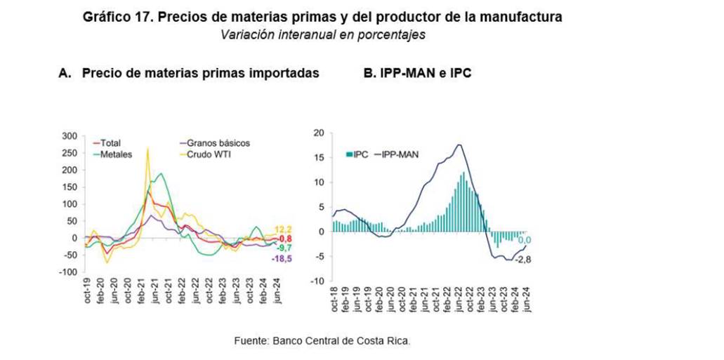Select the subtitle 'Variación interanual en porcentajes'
click(x=323, y=34)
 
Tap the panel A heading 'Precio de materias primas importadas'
click(x=201, y=73)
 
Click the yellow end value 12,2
click(x=282, y=229)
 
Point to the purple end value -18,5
click(x=282, y=260)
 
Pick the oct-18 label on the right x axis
click(x=334, y=298)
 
